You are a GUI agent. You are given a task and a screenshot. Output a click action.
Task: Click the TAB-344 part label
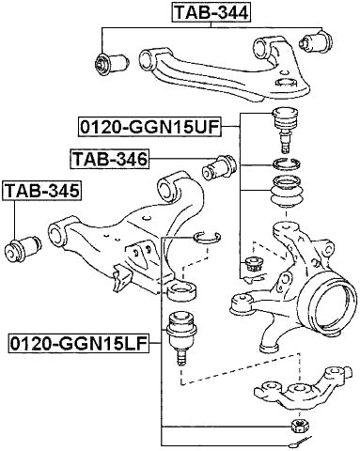(215, 13)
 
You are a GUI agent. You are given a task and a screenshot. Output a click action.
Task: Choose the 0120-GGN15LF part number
(75, 344)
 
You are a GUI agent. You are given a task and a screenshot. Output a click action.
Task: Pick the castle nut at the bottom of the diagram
(297, 428)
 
